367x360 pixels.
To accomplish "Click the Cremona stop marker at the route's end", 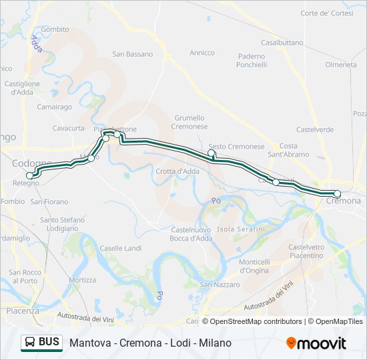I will click(x=337, y=194).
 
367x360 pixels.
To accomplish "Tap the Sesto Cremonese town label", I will click(x=236, y=147).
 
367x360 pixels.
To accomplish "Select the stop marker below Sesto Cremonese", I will click(x=212, y=153).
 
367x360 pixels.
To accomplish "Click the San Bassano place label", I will click(x=132, y=54).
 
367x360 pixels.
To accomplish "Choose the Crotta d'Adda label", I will click(x=177, y=171).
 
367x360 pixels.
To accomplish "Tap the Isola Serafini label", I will click(x=241, y=229).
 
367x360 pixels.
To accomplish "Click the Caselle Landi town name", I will click(x=120, y=248).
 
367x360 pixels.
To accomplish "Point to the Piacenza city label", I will click(x=22, y=311).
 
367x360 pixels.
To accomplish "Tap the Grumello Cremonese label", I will click(x=189, y=122).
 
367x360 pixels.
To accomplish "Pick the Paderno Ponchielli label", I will click(x=252, y=61).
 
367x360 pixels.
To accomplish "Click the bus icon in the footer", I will click(x=29, y=343).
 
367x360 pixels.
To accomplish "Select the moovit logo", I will click(x=316, y=343).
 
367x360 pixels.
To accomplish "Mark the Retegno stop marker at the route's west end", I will click(x=29, y=175).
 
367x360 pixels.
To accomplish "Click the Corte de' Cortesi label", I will click(x=327, y=13).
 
